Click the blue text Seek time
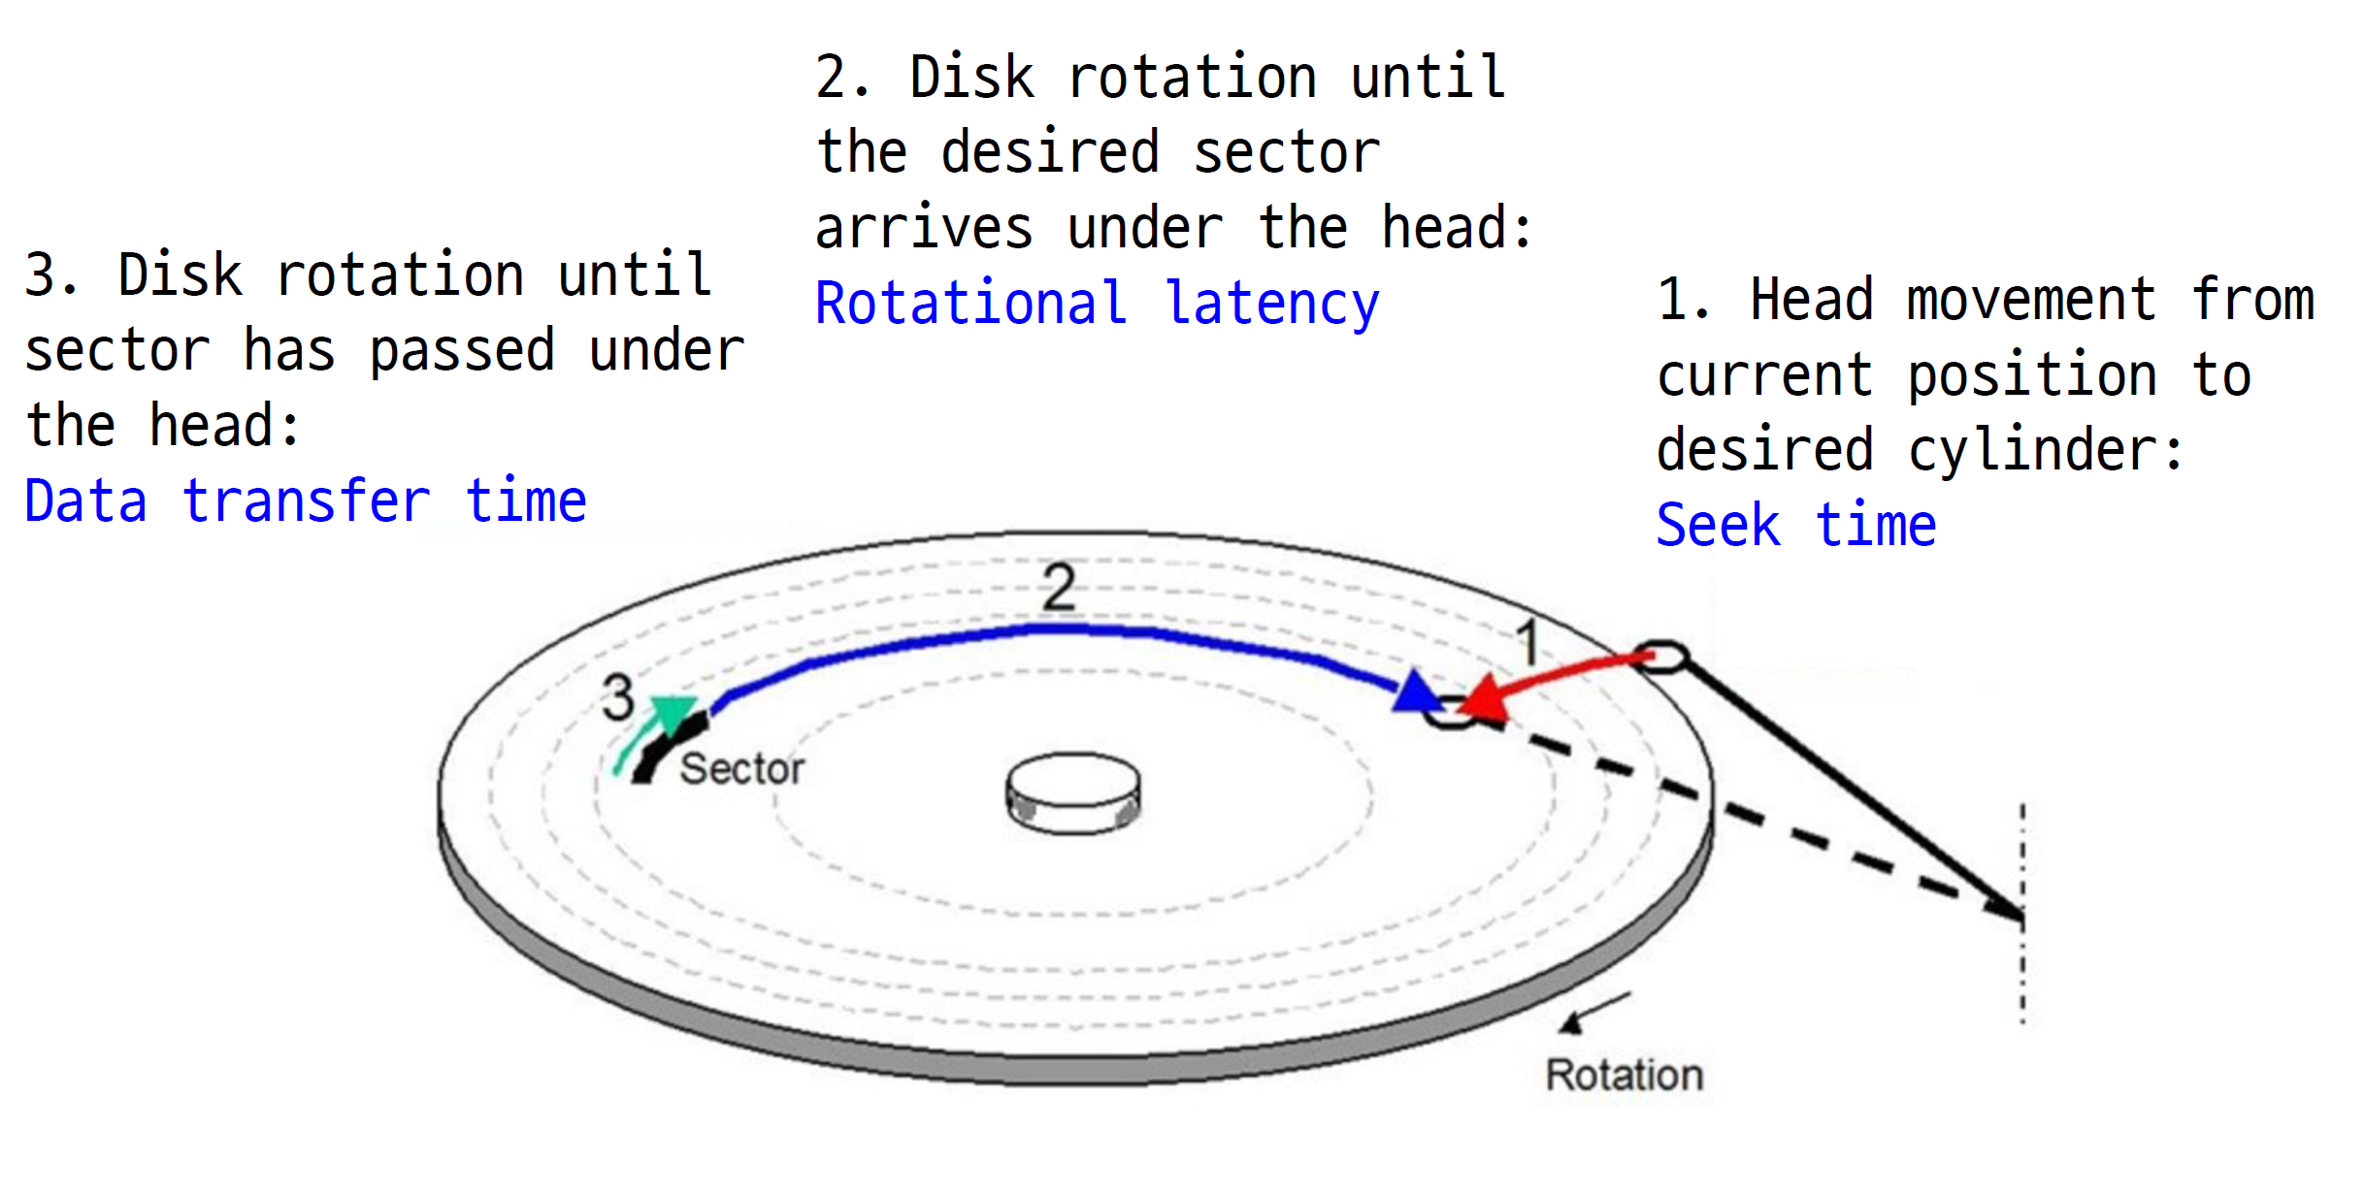click(x=1795, y=526)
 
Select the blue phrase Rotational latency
click(x=1097, y=304)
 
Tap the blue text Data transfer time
click(x=306, y=501)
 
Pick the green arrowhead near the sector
click(x=672, y=711)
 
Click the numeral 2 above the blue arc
click(x=1059, y=587)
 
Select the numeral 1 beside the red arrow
click(x=1527, y=642)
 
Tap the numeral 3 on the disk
click(x=618, y=697)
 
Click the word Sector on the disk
click(x=742, y=769)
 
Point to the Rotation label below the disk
click(x=1625, y=1076)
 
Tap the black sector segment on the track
click(x=668, y=748)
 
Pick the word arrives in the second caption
click(x=924, y=229)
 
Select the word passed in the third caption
click(x=462, y=351)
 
